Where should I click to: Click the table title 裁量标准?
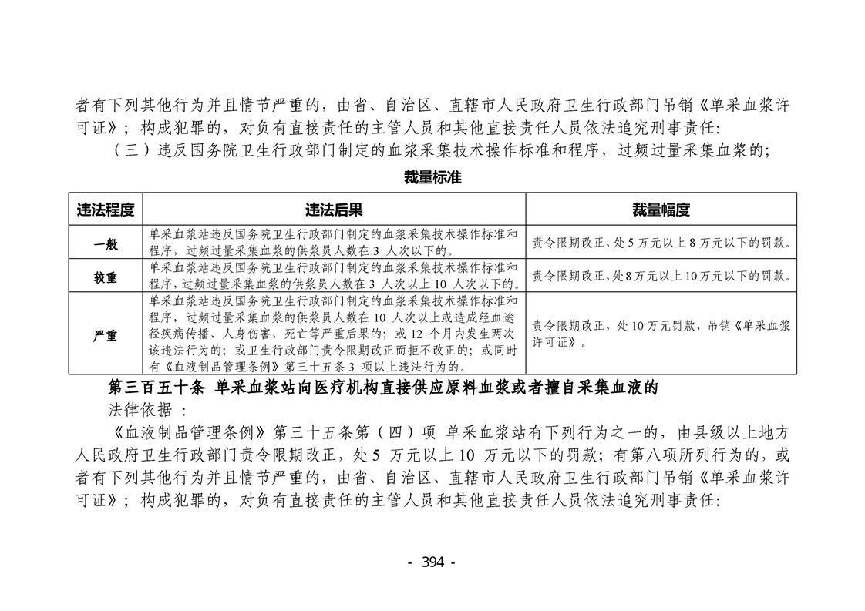[432, 177]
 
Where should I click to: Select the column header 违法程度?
[106, 210]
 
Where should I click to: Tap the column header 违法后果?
[334, 210]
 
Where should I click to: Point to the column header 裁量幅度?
[661, 210]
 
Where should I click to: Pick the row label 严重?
[106, 336]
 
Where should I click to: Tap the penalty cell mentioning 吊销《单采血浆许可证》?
[661, 334]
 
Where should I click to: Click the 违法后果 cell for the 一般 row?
[334, 242]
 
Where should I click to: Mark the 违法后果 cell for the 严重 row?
[334, 334]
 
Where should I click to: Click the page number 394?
[432, 562]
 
